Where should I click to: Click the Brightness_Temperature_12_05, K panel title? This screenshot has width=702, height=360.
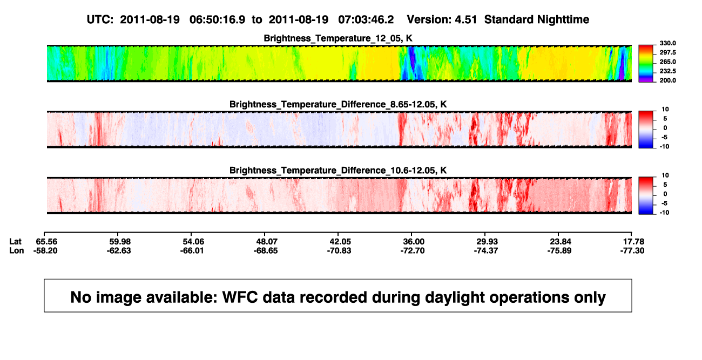click(x=338, y=38)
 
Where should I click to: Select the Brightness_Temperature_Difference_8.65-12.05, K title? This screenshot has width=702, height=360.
click(x=338, y=104)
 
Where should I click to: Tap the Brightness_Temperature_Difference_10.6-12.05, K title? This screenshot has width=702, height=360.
click(x=338, y=171)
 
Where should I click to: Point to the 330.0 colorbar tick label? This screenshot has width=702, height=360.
click(x=667, y=43)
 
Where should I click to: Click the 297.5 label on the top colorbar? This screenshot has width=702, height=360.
click(x=667, y=53)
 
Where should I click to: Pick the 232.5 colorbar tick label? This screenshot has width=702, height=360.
click(x=667, y=71)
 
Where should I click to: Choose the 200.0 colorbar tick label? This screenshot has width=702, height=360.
click(x=667, y=80)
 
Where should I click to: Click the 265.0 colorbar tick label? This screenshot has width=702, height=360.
click(x=667, y=62)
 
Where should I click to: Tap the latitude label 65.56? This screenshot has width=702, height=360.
click(x=46, y=242)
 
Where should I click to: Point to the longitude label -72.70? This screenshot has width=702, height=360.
click(x=413, y=250)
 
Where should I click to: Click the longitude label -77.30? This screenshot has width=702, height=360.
click(x=632, y=250)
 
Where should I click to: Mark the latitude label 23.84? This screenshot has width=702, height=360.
click(x=561, y=242)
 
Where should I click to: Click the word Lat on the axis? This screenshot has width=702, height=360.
click(x=15, y=242)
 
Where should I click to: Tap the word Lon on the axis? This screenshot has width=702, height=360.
click(x=17, y=250)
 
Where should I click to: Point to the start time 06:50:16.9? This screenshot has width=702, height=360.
click(x=217, y=20)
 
